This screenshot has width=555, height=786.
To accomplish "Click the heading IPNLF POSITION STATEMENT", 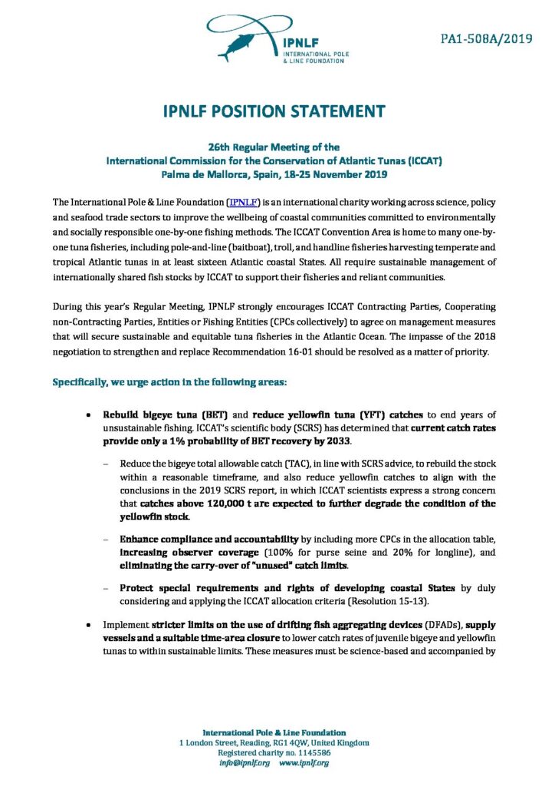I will pyautogui.click(x=277, y=112).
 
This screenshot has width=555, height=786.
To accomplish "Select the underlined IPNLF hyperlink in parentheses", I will pyautogui.click(x=243, y=202).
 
